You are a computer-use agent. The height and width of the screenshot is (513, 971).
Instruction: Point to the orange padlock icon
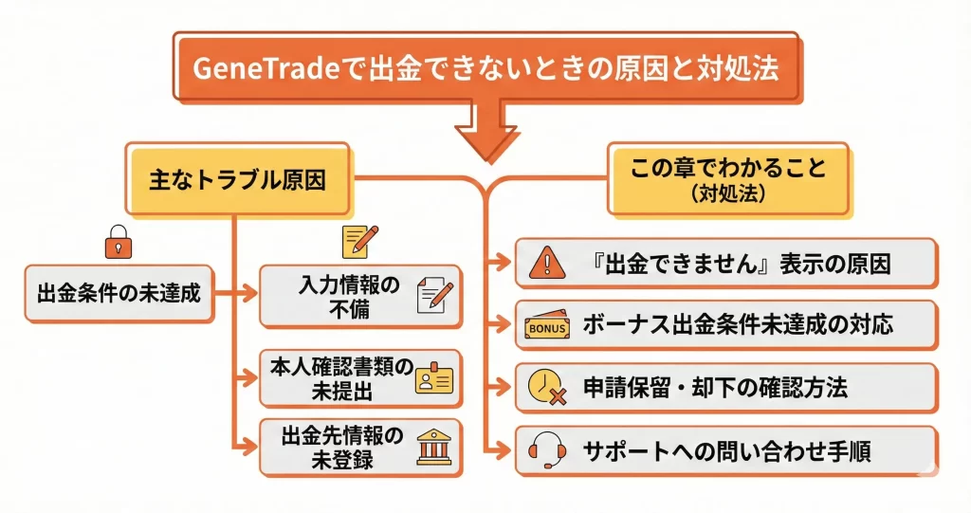click(115, 245)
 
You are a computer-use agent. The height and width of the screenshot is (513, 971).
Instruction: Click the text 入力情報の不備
click(350, 296)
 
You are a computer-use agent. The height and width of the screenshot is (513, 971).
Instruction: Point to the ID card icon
click(435, 379)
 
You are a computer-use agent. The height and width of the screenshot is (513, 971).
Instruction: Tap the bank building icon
click(435, 447)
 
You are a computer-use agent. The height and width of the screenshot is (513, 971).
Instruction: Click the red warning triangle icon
click(546, 263)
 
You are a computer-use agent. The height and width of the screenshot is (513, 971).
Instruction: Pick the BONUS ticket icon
click(546, 327)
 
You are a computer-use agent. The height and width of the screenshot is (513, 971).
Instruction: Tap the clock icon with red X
click(546, 389)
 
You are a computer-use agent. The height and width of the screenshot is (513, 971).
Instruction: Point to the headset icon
click(546, 449)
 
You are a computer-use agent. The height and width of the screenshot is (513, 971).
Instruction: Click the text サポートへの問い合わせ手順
click(728, 450)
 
